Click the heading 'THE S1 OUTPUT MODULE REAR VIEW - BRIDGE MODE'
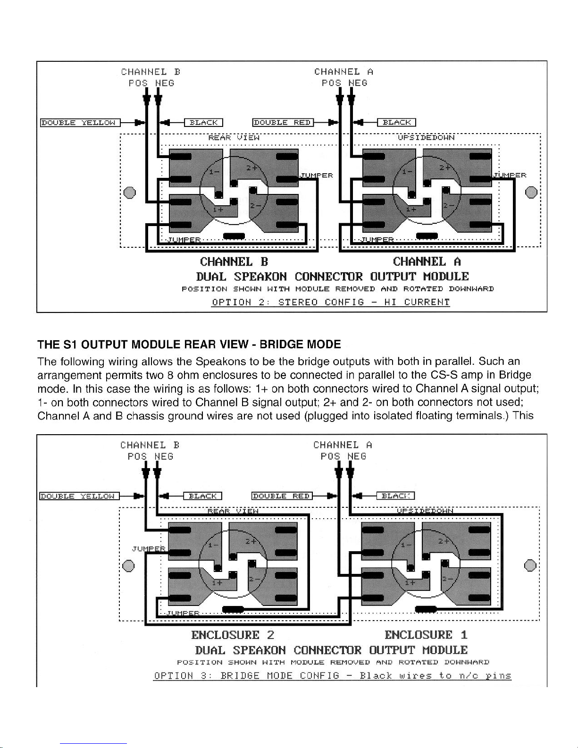[189, 344]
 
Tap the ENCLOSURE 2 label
[233, 635]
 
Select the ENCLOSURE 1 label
[426, 635]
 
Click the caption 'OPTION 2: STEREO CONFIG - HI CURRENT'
[331, 302]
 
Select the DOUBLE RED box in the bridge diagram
[282, 496]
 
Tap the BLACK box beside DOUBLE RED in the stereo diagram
[396, 123]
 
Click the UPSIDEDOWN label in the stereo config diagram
[426, 137]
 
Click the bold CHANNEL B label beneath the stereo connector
[234, 261]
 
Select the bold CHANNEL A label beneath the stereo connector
[427, 261]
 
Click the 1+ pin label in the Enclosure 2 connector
[217, 582]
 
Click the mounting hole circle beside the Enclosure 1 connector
[530, 565]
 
